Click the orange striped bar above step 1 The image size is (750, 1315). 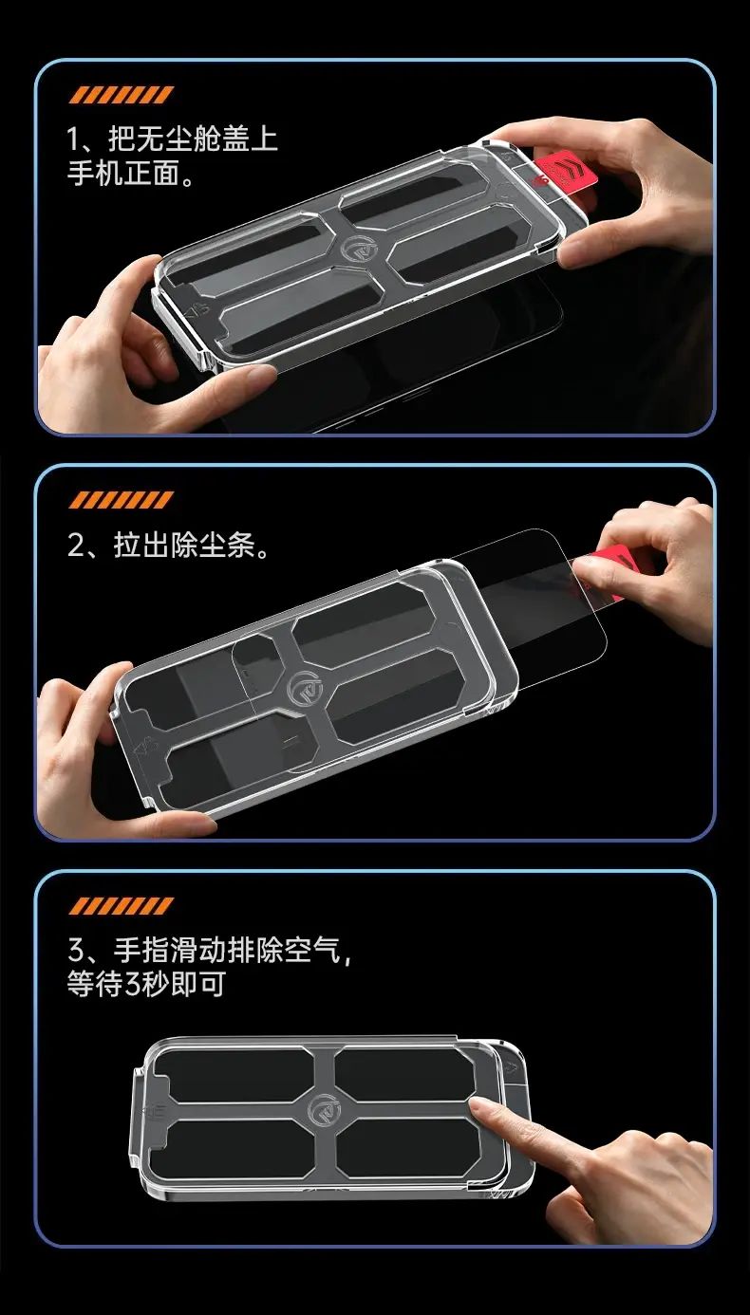(x=121, y=95)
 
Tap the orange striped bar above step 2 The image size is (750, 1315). (x=121, y=500)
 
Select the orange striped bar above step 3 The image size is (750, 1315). (x=121, y=906)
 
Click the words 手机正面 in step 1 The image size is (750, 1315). (x=123, y=174)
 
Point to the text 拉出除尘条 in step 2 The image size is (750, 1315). (x=184, y=546)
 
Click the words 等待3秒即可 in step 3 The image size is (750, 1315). (x=145, y=984)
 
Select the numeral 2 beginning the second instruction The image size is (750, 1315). (x=76, y=546)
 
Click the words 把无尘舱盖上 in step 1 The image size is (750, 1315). (x=193, y=139)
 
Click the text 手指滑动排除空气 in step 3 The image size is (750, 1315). (x=227, y=950)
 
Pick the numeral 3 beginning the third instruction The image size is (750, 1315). (x=76, y=951)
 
